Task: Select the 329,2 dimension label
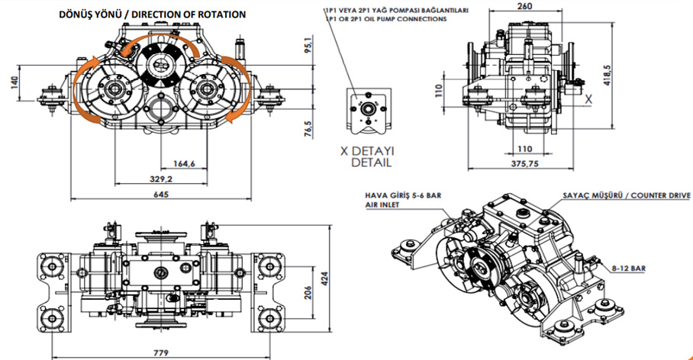click(162, 178)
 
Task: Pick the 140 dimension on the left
click(15, 82)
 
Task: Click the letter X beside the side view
click(588, 98)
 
